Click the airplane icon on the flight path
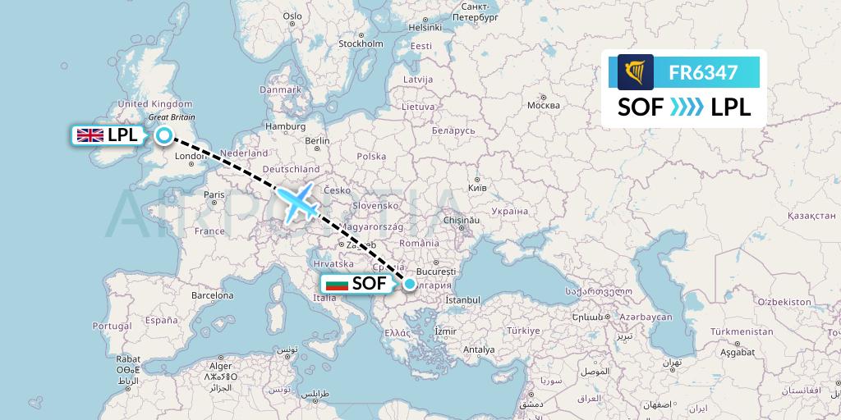(298, 201)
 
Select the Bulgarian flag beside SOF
(337, 285)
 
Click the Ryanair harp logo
(636, 72)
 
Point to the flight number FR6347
(704, 72)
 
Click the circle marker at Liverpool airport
(164, 136)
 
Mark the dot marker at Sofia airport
(410, 285)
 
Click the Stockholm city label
(361, 43)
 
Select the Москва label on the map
(543, 105)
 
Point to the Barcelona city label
(212, 294)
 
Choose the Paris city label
(214, 194)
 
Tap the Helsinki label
(425, 27)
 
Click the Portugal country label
(112, 325)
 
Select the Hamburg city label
(286, 126)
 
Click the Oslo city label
(292, 16)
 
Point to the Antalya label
(479, 349)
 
